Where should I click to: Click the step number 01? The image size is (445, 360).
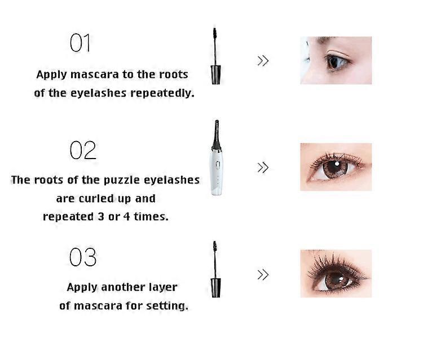coord(80,43)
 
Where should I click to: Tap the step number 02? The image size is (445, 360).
coord(83,150)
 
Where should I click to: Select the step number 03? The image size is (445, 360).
coord(83,257)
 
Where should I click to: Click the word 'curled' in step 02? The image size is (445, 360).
coord(96,199)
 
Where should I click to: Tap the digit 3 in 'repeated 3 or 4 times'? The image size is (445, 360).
coord(101,217)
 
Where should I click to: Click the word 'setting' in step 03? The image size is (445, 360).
coord(167,306)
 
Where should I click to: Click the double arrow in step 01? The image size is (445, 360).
coord(263,61)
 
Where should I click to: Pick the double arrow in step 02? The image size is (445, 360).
coord(263,168)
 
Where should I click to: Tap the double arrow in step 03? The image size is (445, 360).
coord(263,275)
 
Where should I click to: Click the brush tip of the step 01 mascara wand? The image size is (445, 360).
coord(214,34)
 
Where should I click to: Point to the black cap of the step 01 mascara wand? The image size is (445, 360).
coord(215,74)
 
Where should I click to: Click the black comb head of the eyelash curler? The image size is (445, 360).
coord(216,135)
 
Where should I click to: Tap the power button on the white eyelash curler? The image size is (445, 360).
coord(218,165)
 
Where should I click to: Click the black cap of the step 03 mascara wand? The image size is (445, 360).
coord(215,288)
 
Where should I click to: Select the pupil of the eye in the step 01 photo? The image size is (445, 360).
coord(334,62)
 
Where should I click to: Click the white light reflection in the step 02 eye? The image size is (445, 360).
coord(337,164)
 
